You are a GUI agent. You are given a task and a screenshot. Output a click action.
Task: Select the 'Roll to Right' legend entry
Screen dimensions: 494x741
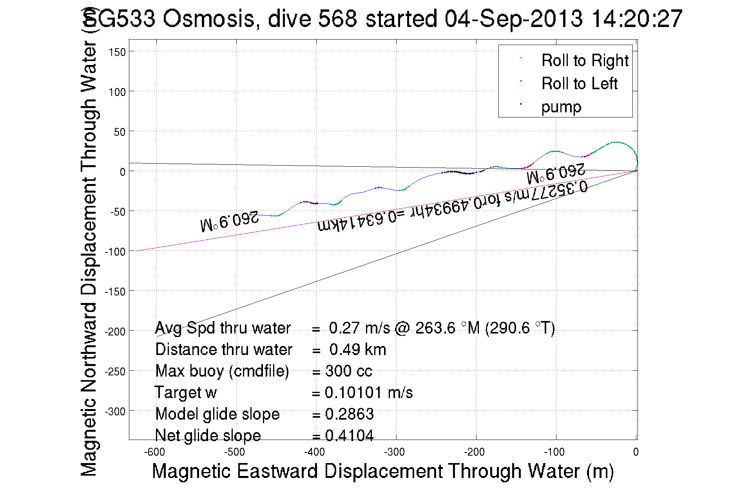click(585, 61)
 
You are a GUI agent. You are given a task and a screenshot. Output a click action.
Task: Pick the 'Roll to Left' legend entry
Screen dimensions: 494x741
click(579, 84)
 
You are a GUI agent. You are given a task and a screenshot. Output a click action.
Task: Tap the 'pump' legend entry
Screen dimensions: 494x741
click(561, 107)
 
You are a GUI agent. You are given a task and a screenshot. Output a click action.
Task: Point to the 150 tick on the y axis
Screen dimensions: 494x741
click(118, 52)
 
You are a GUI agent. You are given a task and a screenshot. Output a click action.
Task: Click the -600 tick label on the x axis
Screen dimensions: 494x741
click(154, 453)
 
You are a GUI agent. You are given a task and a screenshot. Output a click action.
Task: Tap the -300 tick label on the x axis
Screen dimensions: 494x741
click(394, 453)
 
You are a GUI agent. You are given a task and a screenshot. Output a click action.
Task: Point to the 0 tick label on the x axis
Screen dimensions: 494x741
click(636, 453)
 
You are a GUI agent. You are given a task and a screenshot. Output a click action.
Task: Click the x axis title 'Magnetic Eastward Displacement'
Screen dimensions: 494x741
click(382, 471)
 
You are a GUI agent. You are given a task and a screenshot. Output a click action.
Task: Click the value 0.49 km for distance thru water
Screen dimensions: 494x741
click(357, 350)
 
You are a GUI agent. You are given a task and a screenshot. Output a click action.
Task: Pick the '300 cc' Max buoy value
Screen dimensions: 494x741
click(348, 371)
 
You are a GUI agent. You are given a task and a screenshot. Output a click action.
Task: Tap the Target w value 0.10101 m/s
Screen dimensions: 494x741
click(368, 393)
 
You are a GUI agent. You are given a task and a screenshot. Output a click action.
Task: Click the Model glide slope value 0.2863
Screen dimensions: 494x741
click(349, 414)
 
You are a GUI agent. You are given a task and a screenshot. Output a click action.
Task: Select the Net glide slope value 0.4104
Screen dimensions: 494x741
click(349, 435)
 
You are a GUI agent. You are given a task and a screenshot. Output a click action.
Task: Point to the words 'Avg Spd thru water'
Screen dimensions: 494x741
click(223, 328)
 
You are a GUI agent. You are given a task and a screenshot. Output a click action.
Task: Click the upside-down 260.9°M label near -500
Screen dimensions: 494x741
click(230, 221)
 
